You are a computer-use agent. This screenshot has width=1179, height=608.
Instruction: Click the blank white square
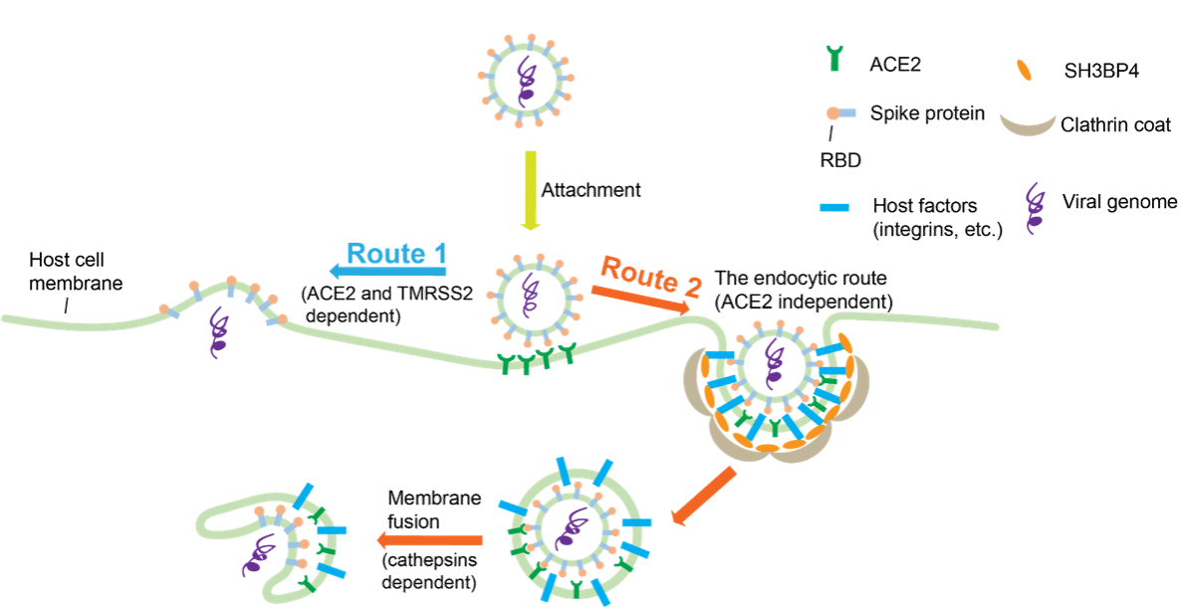coord(43,36)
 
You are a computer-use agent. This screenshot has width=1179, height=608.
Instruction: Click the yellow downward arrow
coord(531,189)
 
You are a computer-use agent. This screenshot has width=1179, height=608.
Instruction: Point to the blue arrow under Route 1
coord(387,271)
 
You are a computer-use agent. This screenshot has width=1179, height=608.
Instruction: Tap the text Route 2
coord(651,276)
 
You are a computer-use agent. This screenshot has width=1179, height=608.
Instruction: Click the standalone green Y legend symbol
coord(833,58)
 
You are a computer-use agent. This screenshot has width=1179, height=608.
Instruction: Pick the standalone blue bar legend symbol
coord(833,207)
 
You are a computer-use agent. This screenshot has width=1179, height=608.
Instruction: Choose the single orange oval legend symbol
coord(1024,69)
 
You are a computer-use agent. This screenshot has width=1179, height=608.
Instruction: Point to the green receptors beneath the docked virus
coord(538,359)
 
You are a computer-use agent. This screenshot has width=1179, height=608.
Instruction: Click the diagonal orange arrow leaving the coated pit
coord(704,497)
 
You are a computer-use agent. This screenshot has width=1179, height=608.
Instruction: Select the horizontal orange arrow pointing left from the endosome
coord(429,540)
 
